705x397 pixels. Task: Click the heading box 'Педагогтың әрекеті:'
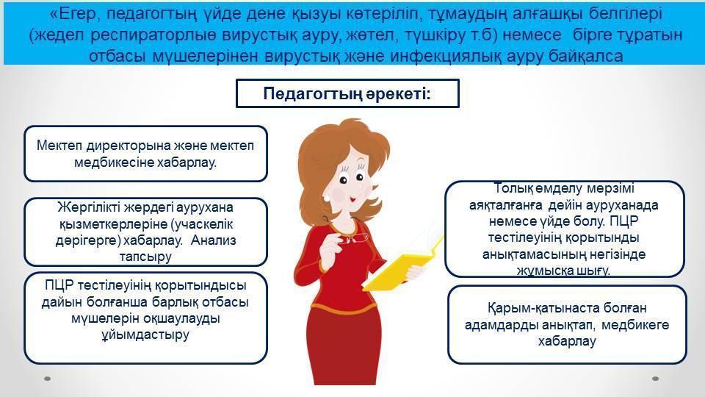coord(347,93)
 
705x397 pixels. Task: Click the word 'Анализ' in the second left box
coord(214,240)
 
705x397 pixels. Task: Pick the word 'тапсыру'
coord(145,257)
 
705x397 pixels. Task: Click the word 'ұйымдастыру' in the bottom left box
coord(145,335)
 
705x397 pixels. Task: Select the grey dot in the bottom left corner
coord(47,379)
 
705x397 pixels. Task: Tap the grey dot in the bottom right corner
coord(656,379)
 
